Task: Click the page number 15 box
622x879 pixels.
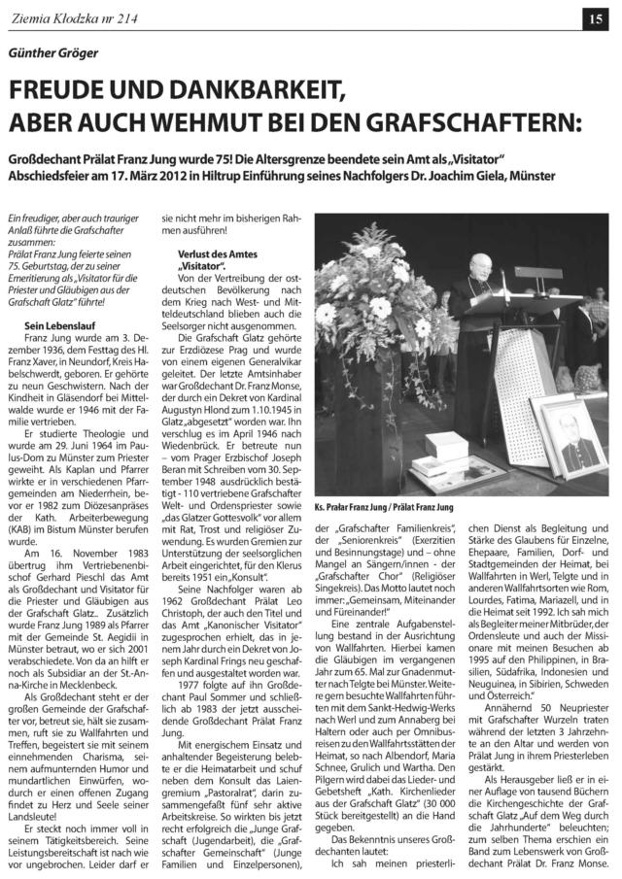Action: click(594, 17)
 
